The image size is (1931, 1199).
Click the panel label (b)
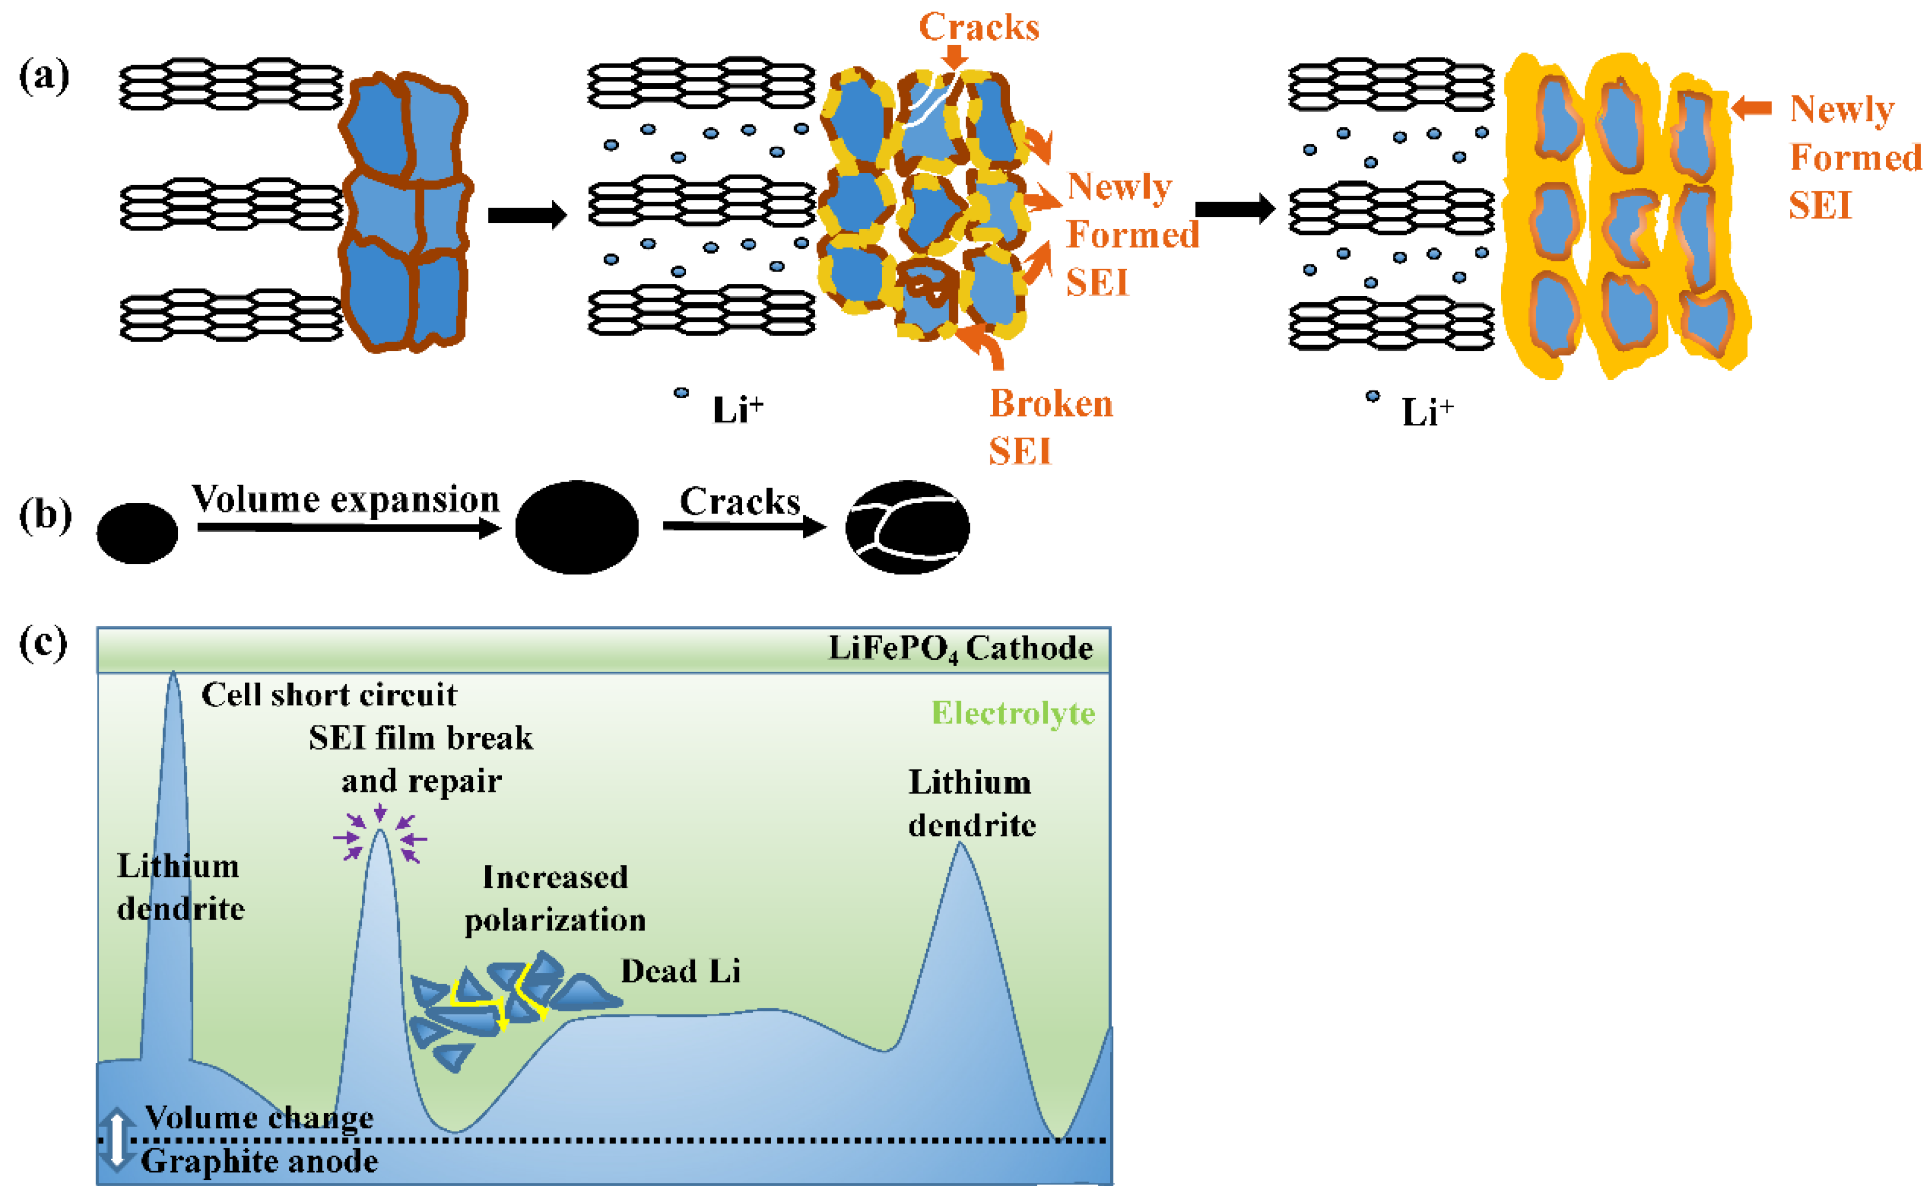coord(45,516)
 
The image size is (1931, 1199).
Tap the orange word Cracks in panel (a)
coord(979,27)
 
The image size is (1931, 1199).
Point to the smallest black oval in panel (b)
coord(137,534)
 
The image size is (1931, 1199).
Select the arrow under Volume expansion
coord(349,528)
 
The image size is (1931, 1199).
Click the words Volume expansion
coord(346,500)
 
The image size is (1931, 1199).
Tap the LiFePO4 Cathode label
coord(960,649)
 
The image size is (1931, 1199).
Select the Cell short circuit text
coord(329,695)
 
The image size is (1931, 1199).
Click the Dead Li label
coord(680,971)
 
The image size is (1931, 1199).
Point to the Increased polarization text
coord(555,898)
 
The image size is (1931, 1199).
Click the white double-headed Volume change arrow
coord(117,1139)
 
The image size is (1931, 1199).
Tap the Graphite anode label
coord(259,1162)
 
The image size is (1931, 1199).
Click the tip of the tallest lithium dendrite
coord(173,676)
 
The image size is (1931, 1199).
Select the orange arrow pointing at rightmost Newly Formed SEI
coord(1750,109)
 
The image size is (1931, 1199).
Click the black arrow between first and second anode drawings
coord(527,215)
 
